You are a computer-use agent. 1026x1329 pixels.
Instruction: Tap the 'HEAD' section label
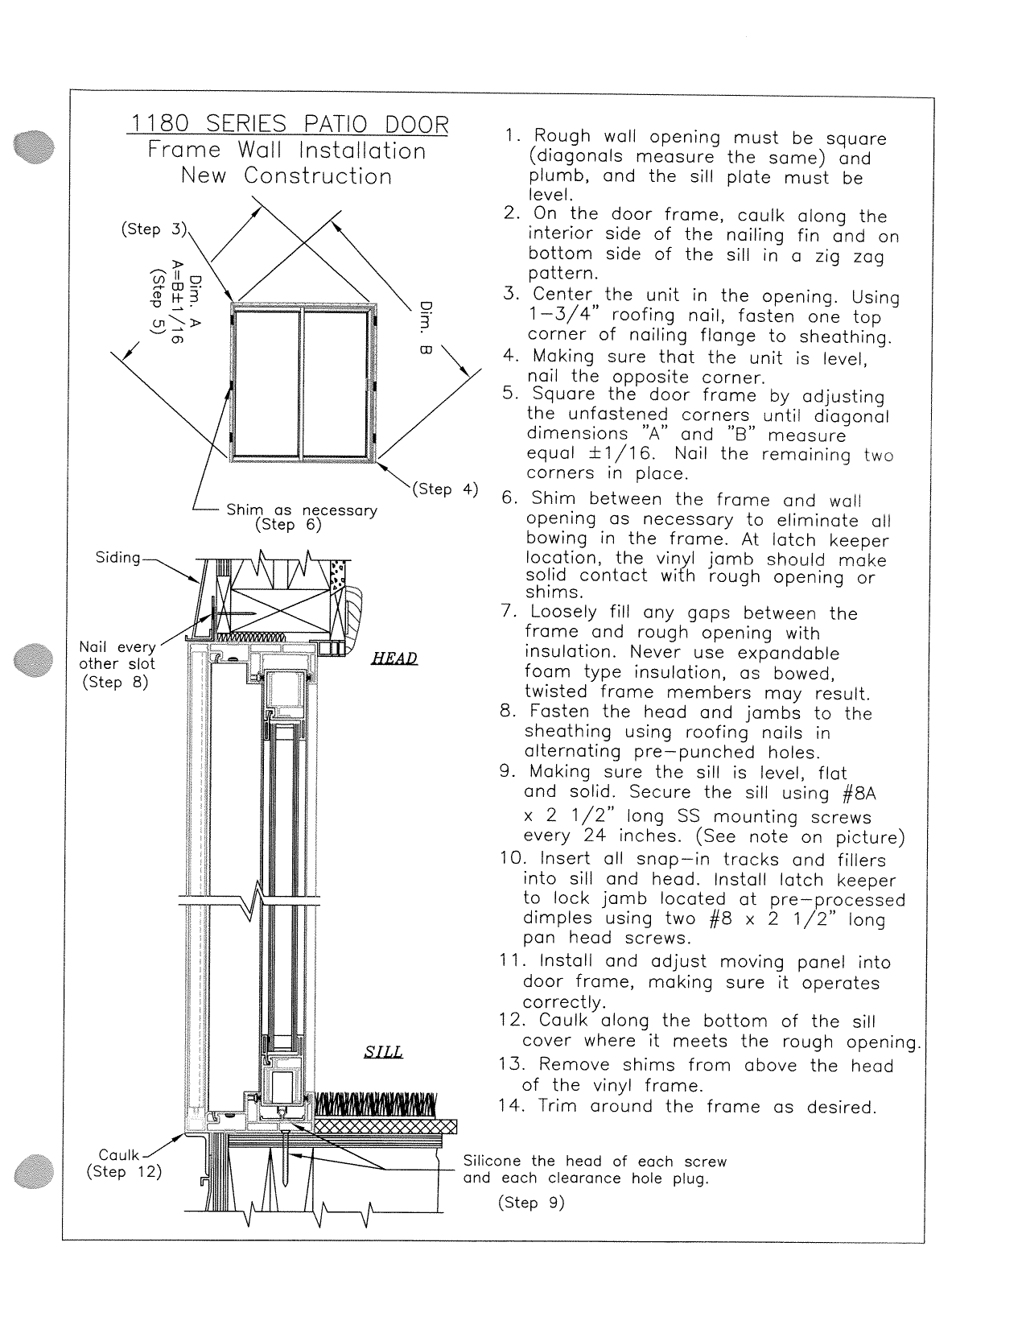point(394,659)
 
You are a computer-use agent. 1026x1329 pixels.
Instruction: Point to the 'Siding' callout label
point(118,558)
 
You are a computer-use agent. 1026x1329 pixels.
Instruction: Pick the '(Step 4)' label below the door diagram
point(445,489)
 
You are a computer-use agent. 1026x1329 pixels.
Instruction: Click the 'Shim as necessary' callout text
point(302,510)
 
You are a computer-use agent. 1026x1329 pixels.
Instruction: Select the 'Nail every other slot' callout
point(117,656)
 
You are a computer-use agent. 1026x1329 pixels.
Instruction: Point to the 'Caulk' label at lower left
point(118,1155)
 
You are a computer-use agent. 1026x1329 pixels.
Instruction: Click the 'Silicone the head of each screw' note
point(595,1162)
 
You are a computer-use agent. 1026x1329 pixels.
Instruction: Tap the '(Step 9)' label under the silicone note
point(532,1203)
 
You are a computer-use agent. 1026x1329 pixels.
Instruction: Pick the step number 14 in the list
point(510,1106)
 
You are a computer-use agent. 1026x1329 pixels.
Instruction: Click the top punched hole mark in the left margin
point(33,147)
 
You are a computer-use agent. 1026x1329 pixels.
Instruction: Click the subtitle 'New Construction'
point(286,176)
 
